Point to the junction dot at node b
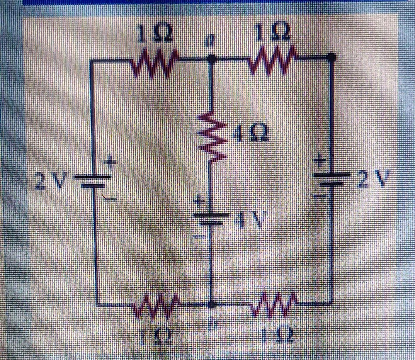[211, 304]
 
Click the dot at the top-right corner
[331, 58]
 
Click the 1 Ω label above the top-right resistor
[273, 33]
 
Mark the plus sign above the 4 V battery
[199, 201]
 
